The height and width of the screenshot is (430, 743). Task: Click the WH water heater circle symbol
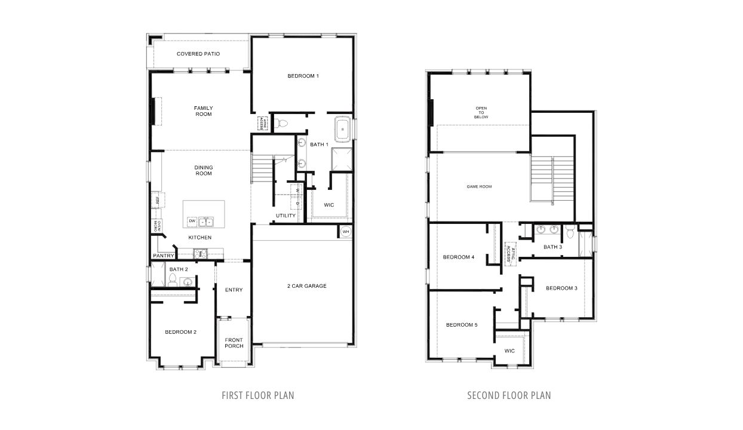coord(346,232)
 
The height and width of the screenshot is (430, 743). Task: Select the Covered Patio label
coord(198,54)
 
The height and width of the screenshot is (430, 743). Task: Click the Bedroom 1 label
coord(303,76)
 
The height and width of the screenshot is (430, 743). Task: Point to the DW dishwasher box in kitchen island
coord(192,222)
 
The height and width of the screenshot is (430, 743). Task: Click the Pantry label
coord(163,256)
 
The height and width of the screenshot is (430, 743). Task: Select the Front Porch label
coord(234,343)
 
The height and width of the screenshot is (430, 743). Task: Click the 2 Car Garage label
coord(306,286)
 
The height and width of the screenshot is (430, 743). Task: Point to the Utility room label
coord(285,216)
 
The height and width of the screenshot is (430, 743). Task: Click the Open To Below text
coord(481,113)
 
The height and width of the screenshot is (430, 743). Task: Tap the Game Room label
coord(479,187)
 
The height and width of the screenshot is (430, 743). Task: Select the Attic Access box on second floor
coord(510,251)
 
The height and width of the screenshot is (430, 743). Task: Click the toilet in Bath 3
coord(570,231)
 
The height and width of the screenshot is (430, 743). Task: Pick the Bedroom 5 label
coord(462,325)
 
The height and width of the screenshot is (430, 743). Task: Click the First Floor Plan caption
coord(257,395)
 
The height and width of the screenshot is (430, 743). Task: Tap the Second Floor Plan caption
coord(509,395)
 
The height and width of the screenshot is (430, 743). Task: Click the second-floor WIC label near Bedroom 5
coord(509,351)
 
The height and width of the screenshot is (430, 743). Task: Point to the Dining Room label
coord(203,170)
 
